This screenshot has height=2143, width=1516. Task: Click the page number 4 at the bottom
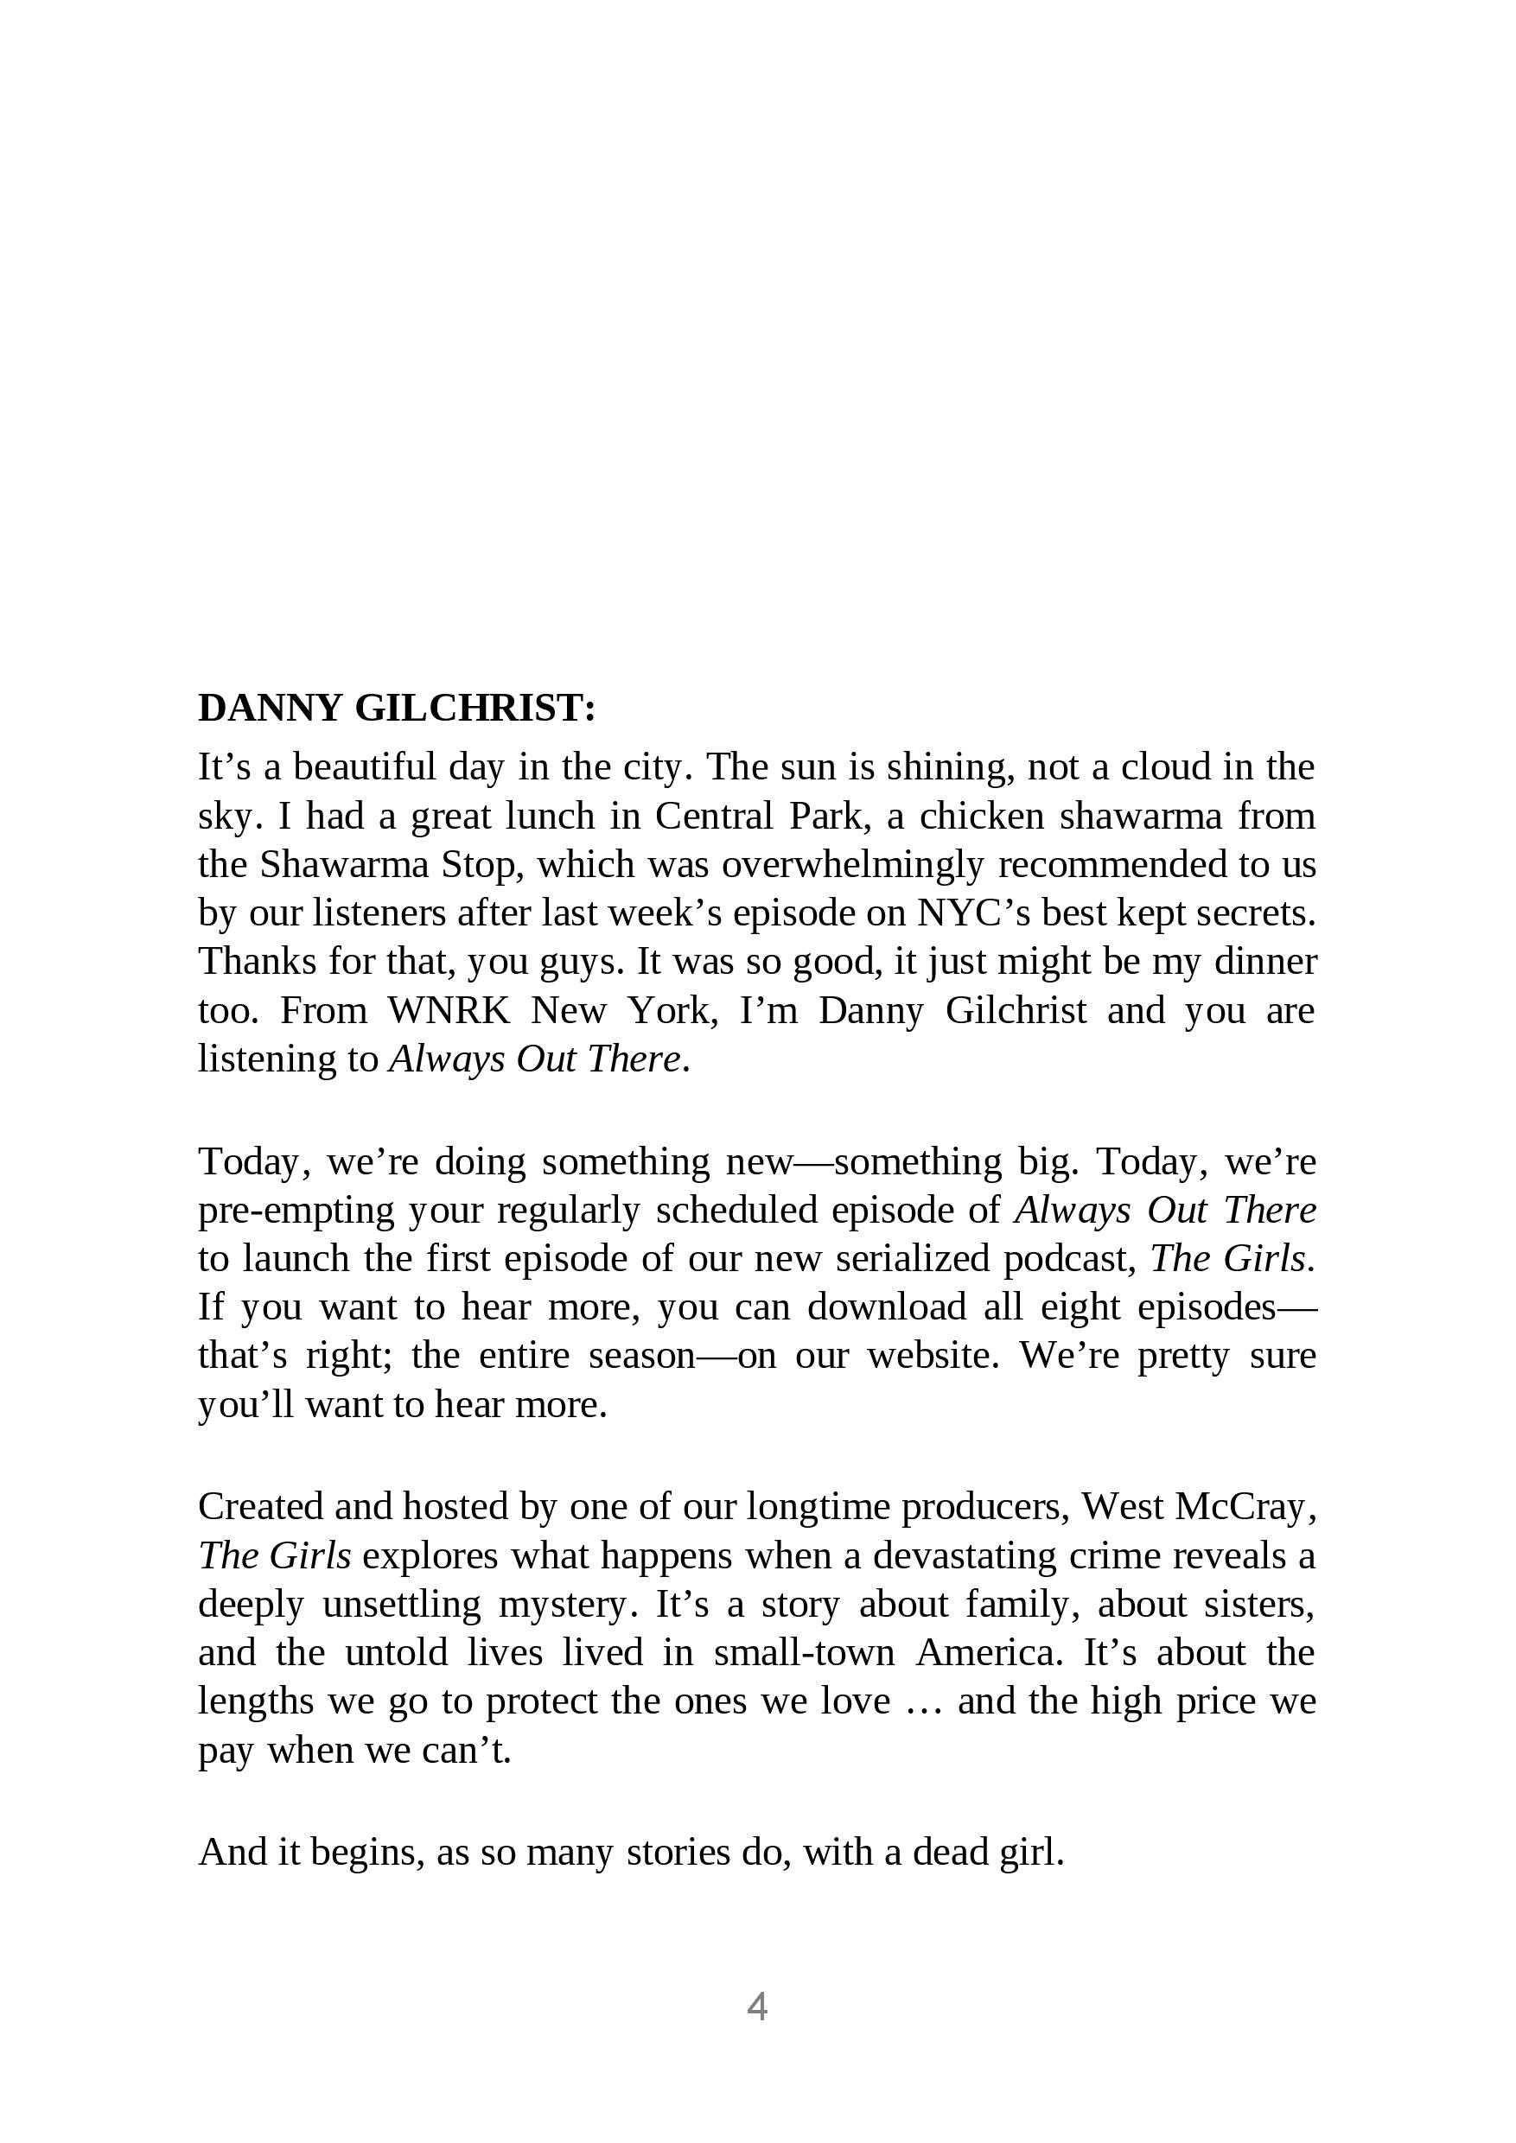[757, 2006]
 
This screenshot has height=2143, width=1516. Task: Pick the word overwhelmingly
[852, 864]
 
